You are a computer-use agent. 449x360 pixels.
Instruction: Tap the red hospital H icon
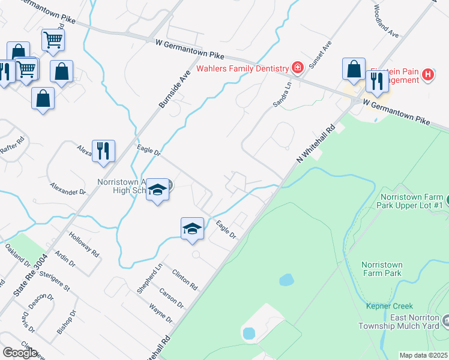(x=427, y=75)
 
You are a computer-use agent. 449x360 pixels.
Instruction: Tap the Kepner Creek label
(x=390, y=306)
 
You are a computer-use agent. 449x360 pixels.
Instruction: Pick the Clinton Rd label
(x=185, y=279)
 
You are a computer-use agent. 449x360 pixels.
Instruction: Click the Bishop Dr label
(x=66, y=322)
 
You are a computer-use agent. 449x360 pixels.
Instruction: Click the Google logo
(x=20, y=353)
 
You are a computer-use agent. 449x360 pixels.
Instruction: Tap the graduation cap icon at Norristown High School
(x=158, y=190)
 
